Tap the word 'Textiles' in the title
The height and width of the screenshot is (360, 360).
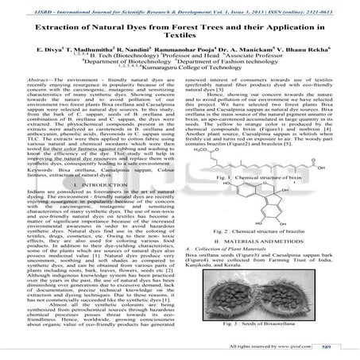[x=179, y=41]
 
